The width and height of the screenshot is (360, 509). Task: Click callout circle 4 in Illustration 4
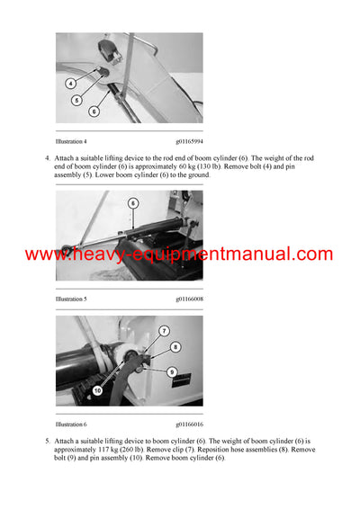(x=71, y=84)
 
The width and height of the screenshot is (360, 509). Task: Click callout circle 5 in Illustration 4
(x=76, y=101)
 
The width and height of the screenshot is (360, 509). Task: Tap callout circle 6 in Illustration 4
(x=94, y=112)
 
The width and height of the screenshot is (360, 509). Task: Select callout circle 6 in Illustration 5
(x=133, y=203)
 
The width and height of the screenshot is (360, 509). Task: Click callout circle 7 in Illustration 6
(x=164, y=331)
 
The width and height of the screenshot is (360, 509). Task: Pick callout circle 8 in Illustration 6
(x=175, y=346)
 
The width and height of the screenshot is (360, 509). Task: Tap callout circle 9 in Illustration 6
(x=171, y=370)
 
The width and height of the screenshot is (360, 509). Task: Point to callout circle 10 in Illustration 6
(x=95, y=390)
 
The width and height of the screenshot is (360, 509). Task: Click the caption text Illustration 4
(x=71, y=141)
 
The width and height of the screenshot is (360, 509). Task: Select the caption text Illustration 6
(x=71, y=424)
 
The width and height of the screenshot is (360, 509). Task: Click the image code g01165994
(x=190, y=141)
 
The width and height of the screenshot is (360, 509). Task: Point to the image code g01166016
(x=190, y=424)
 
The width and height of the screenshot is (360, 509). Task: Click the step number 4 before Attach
(x=47, y=158)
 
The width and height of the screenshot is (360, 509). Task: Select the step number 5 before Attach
(x=47, y=442)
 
